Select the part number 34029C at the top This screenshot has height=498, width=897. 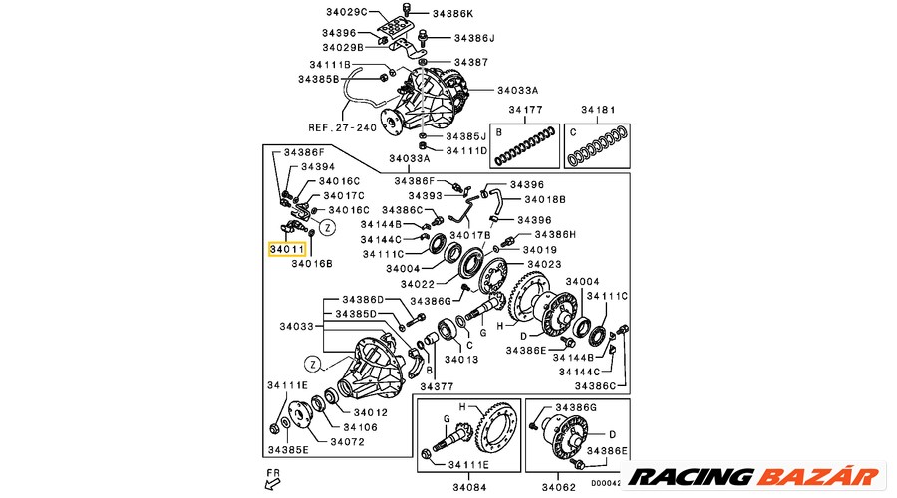(347, 12)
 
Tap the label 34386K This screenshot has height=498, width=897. (453, 14)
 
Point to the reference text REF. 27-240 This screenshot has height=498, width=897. (341, 127)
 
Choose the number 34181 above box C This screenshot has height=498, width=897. (599, 110)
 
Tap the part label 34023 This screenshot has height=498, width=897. (544, 264)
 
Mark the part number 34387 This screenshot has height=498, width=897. (471, 62)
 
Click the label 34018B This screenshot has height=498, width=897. (544, 199)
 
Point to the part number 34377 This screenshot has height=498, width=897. (437, 387)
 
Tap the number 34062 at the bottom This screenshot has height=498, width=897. (559, 487)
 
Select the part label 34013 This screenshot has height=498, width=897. (461, 359)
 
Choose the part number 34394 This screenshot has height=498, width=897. (318, 167)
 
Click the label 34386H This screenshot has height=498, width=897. (555, 234)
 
